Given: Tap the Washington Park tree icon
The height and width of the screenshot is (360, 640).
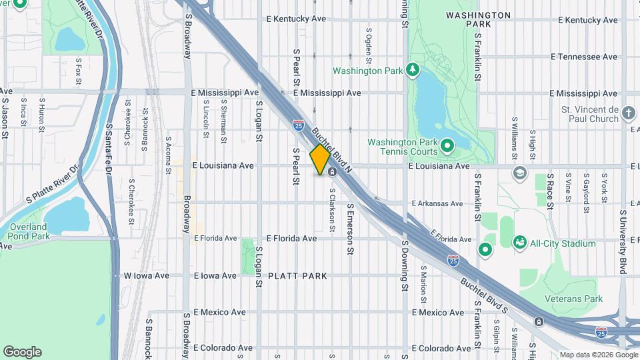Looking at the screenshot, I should pyautogui.click(x=413, y=70).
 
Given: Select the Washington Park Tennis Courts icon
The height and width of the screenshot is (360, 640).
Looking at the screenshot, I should pyautogui.click(x=447, y=145).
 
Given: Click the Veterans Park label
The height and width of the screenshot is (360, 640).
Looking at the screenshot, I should pyautogui.click(x=574, y=299).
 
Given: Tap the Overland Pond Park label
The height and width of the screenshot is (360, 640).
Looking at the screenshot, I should pyautogui.click(x=29, y=231).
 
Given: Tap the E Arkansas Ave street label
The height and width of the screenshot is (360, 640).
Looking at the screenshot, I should pyautogui.click(x=437, y=203).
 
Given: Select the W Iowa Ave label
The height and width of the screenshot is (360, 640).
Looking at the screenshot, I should pyautogui.click(x=142, y=275).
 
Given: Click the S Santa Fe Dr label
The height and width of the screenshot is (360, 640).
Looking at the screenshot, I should pyautogui.click(x=108, y=149).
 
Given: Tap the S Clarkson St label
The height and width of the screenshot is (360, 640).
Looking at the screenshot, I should pyautogui.click(x=331, y=210).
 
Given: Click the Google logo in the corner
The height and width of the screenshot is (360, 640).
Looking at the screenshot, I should pyautogui.click(x=22, y=351).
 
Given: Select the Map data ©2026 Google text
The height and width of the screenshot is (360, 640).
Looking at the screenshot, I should pyautogui.click(x=597, y=355).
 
